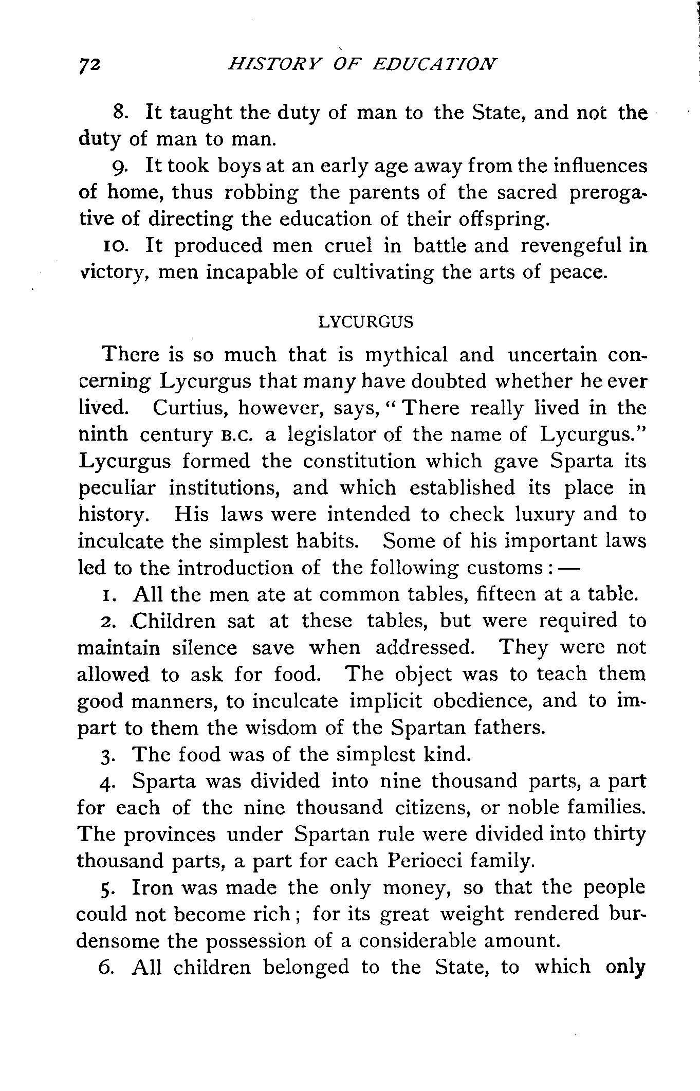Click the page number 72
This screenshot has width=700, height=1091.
[x=91, y=65]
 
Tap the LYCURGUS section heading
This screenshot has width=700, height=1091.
[x=365, y=322]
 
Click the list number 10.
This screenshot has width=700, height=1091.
[x=112, y=245]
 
